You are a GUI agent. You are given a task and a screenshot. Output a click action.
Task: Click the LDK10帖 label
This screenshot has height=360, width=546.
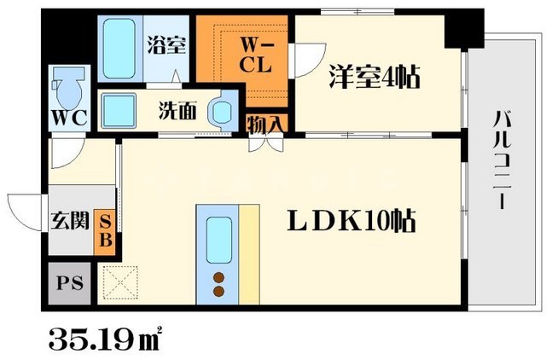[350, 223]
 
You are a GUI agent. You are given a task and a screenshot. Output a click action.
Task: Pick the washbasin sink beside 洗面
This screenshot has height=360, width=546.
[222, 112]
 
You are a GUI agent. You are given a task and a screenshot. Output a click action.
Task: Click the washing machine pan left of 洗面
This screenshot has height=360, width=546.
[119, 110]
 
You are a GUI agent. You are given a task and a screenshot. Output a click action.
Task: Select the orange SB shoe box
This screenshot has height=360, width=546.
[107, 230]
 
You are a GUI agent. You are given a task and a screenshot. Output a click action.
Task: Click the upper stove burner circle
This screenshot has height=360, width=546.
[218, 276]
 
